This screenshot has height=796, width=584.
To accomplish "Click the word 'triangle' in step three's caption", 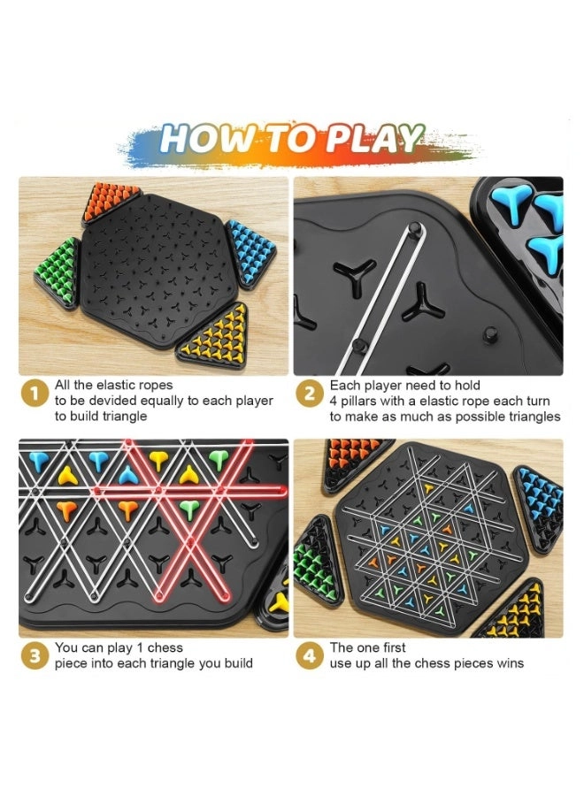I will coord(190,663).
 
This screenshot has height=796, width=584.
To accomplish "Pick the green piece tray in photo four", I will coord(316,561).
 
